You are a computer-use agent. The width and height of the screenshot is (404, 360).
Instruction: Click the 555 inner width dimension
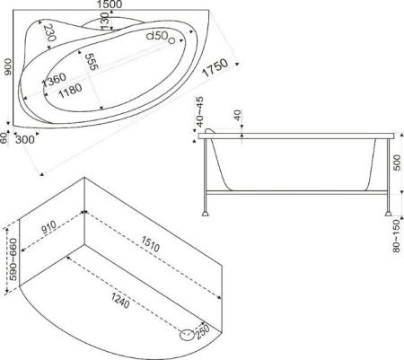point(92,63)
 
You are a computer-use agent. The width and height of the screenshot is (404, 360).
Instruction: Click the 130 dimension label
point(107,20)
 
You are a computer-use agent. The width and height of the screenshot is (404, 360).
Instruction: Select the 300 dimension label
point(25,139)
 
